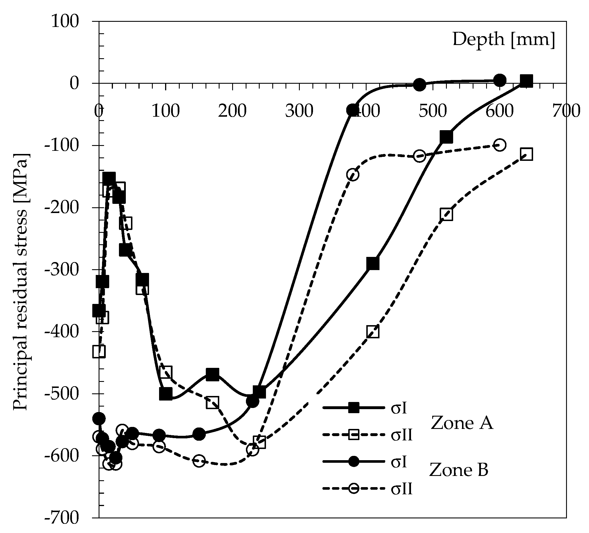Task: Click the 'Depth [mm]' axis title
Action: pos(503,40)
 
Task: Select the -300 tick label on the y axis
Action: pos(62,270)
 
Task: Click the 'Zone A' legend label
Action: pos(462,423)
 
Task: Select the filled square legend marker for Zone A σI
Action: pos(353,408)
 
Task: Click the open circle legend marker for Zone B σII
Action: pos(353,488)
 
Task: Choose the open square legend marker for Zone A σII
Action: pos(353,435)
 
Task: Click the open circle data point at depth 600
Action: pos(500,145)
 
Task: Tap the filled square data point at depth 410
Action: pos(373,263)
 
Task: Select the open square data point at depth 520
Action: pos(446,214)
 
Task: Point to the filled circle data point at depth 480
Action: pos(420,85)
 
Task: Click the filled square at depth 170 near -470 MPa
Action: pos(212,375)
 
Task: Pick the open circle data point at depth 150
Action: pos(199,461)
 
